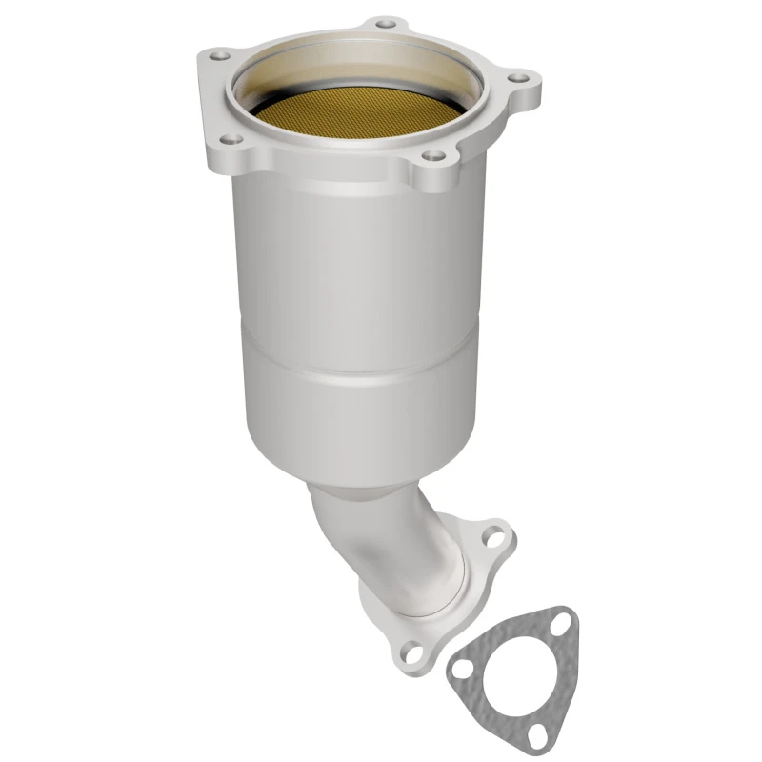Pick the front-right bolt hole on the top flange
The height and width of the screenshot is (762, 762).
pos(434,154)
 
